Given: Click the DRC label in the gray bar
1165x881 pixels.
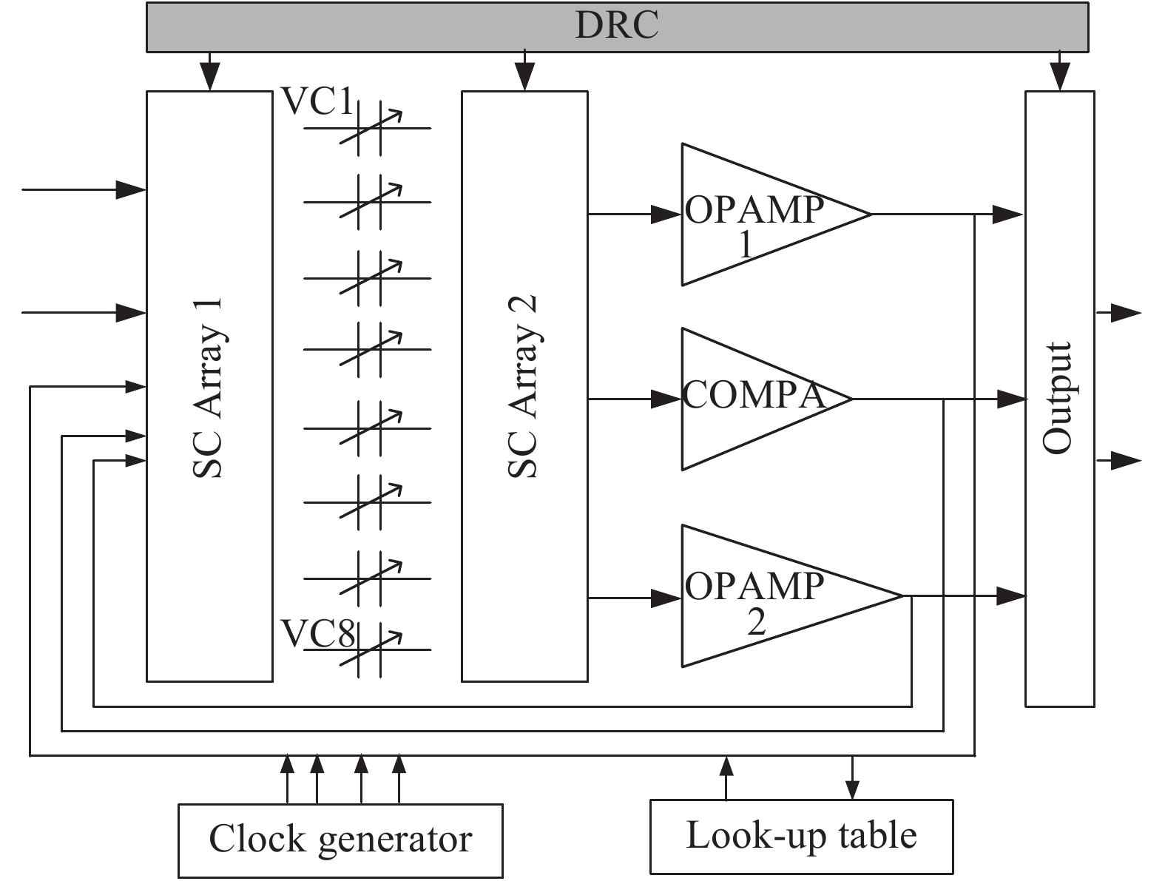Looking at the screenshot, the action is coord(617,25).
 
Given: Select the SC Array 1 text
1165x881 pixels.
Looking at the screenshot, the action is coord(208,388).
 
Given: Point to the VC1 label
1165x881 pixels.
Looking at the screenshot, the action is coord(317,101).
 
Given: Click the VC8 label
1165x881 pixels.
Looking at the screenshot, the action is coord(317,634).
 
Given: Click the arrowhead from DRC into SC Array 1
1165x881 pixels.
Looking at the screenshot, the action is coord(210,77).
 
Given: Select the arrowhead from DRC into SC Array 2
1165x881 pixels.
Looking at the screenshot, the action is coord(524,77).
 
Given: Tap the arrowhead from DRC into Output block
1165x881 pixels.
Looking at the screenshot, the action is coord(1060,77).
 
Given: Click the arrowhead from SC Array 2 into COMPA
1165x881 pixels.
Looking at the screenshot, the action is coord(666,399).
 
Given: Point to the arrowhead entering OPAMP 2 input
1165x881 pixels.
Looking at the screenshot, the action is coord(666,598).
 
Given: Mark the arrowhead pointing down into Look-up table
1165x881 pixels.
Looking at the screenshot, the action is coord(852,790).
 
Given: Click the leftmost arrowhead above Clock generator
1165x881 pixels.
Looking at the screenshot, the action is coord(287,765).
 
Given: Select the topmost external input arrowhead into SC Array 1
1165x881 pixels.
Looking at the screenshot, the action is coord(131,189).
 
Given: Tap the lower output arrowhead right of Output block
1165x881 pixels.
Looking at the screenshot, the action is coord(1126,461).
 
